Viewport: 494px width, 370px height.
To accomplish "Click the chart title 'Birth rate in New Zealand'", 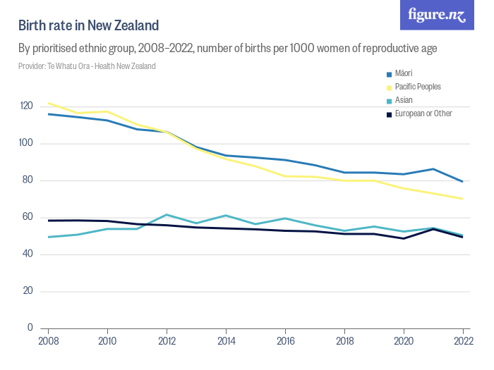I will point(88,25).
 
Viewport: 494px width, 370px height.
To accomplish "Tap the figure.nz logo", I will point(437,16).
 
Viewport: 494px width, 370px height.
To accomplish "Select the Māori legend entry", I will point(403,73).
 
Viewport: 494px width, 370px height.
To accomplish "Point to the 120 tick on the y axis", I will point(26,106).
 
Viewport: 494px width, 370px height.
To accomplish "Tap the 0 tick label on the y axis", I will point(30,328).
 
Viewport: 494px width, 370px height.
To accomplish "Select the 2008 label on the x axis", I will point(48,343).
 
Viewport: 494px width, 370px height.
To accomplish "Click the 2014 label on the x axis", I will point(226,343).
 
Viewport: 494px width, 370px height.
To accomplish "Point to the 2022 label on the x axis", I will point(462,343).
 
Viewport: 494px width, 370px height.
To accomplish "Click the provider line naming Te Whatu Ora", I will point(87,66).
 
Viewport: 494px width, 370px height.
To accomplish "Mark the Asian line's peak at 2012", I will point(167,214).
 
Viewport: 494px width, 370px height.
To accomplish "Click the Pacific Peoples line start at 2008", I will point(48,103).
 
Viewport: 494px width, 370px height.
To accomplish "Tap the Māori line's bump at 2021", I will point(433,169).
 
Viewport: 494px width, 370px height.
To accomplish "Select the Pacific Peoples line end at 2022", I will point(462,199).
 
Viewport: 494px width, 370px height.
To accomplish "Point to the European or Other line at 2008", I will point(48,221).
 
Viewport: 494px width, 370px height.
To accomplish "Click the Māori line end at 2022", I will point(462,182).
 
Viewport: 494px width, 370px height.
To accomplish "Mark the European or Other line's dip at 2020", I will point(403,238).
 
